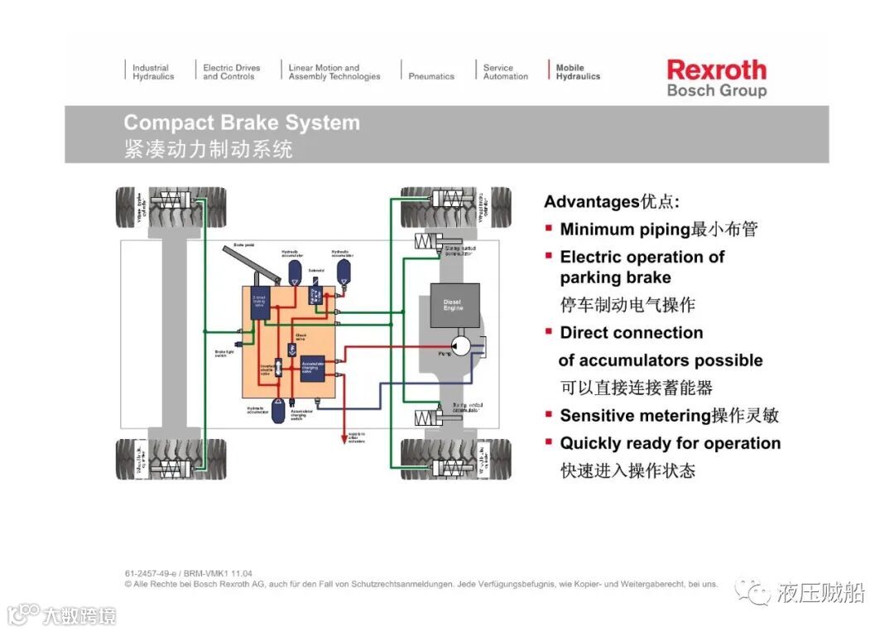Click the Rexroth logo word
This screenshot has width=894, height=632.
[x=716, y=70]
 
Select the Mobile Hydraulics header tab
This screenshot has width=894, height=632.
[x=578, y=72]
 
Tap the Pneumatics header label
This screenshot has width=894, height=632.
[x=431, y=76]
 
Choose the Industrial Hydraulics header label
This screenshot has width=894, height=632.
[x=153, y=72]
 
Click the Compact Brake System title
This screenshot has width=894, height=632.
[x=242, y=123]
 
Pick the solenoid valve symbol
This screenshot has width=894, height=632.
[x=317, y=295]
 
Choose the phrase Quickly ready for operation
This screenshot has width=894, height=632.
[x=670, y=443]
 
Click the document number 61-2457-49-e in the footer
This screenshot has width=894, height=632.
[x=155, y=573]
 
